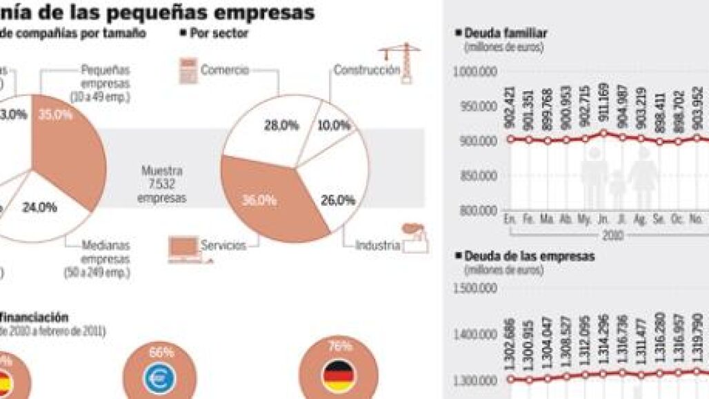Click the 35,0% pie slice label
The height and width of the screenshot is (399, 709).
tap(55, 115)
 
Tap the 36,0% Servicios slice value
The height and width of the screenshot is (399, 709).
tap(259, 200)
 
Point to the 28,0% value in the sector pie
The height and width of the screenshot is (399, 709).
tap(281, 125)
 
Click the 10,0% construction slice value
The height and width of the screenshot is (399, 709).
tap(334, 125)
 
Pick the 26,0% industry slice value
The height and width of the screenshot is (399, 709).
tap(338, 201)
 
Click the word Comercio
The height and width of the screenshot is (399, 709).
tap(225, 70)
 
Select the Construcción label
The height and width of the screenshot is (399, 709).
tap(367, 70)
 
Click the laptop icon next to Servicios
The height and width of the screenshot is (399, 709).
tap(184, 249)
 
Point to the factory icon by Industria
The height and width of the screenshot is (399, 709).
tap(415, 238)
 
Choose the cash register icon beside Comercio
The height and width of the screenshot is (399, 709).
tap(188, 71)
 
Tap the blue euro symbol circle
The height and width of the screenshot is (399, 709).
tap(163, 376)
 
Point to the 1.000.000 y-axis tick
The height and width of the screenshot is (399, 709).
tap(476, 71)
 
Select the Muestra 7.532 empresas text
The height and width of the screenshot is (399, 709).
tap(161, 183)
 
